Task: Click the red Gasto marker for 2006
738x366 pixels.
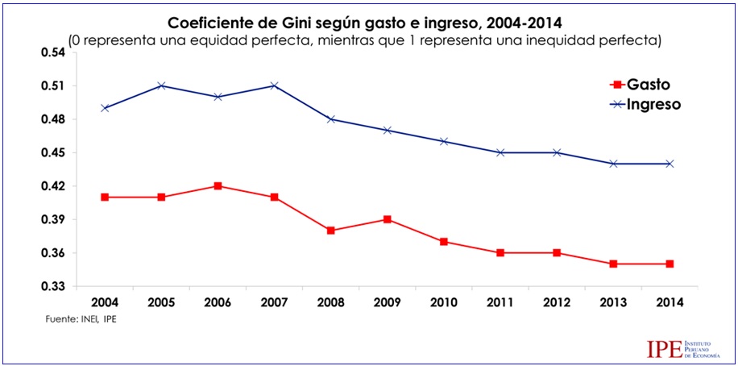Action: click(218, 186)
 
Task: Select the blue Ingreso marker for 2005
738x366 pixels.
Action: click(161, 85)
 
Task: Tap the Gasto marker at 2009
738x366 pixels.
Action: click(388, 219)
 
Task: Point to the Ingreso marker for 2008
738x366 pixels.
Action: click(331, 119)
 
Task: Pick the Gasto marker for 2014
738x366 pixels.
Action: click(671, 264)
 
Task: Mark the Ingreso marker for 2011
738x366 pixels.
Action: click(501, 152)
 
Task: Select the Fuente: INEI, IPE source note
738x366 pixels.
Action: click(81, 320)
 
